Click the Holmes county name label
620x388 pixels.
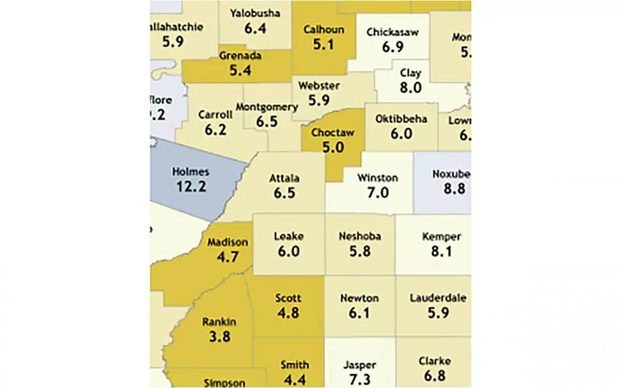click(190, 172)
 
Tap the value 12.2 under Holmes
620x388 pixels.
click(190, 186)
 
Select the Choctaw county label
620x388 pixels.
click(332, 133)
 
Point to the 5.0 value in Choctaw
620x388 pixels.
click(332, 148)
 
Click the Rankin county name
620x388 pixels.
click(218, 322)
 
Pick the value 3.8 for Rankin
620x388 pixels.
click(218, 337)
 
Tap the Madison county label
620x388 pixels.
click(228, 243)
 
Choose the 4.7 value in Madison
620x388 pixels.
click(228, 257)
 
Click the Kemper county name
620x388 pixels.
click(442, 237)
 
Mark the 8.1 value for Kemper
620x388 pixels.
click(442, 251)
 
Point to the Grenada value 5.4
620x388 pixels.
click(239, 71)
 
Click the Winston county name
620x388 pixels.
click(378, 178)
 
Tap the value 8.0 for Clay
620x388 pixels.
click(411, 88)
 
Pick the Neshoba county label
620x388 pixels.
click(360, 237)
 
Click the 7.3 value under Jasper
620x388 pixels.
click(360, 380)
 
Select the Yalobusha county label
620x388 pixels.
click(255, 13)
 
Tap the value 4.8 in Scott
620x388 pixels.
click(288, 313)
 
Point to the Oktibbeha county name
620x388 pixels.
click(401, 119)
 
